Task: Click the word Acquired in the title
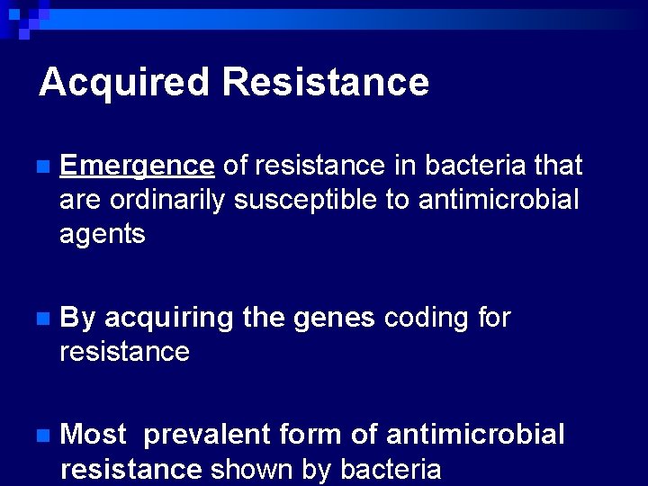pos(123,83)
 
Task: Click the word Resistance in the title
pos(325,82)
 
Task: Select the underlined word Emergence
pos(137,166)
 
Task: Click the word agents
pos(102,235)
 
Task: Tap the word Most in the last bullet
pos(94,436)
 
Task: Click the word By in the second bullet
pos(77,319)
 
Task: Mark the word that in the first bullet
pos(558,166)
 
